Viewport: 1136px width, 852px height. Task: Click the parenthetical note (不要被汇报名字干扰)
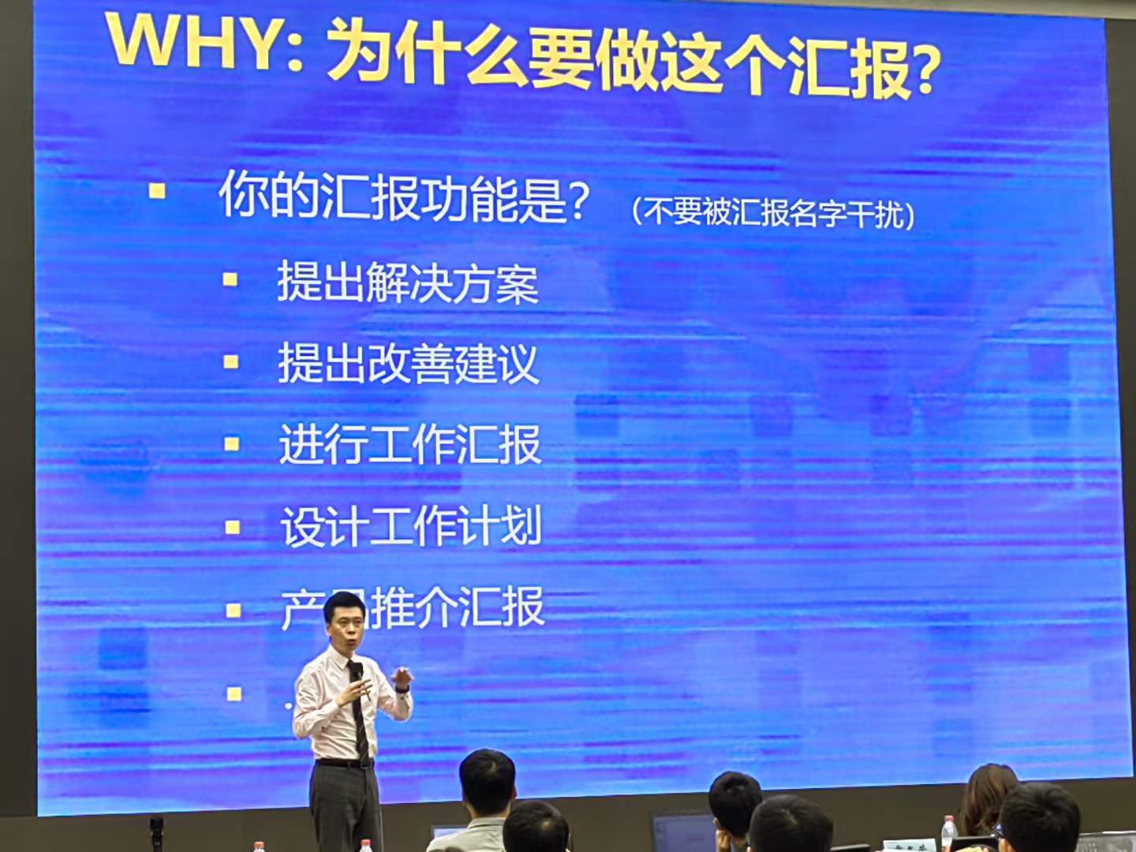coord(773,213)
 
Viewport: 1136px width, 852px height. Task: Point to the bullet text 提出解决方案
coord(407,282)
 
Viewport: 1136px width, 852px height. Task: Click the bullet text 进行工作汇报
coord(409,445)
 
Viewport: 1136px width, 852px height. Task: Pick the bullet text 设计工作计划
coord(411,526)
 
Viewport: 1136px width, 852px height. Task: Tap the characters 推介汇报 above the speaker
coord(458,607)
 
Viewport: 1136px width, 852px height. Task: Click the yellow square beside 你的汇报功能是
coord(158,190)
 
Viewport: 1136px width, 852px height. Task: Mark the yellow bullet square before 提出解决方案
coord(230,279)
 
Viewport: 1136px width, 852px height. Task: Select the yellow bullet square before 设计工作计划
coord(233,527)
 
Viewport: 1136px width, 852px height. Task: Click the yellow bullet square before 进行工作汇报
coord(232,444)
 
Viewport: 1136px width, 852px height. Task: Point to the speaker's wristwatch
coord(402,689)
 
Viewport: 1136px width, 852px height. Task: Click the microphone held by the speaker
coord(357,674)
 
